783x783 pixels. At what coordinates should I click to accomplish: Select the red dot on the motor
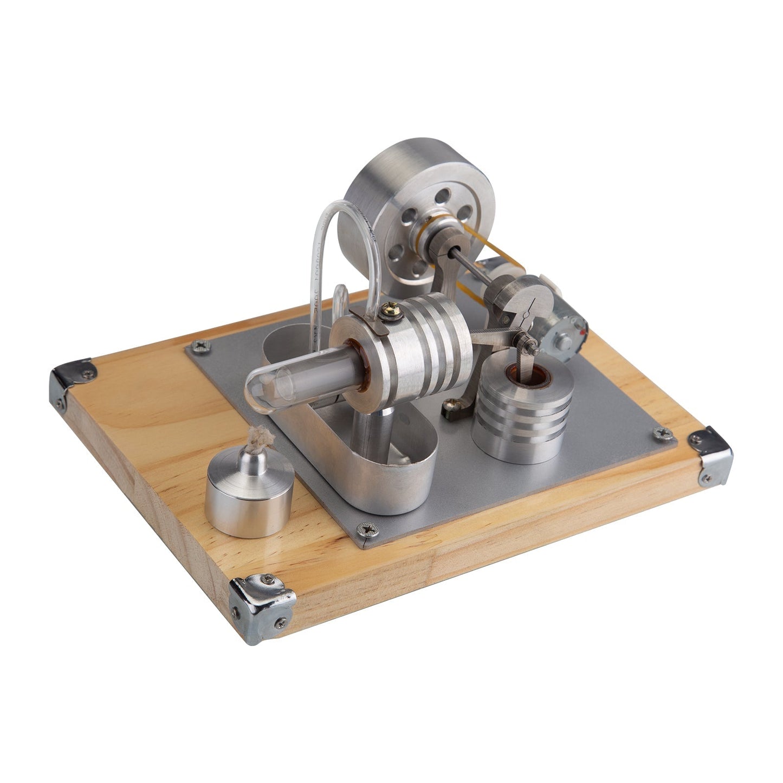point(584,329)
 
